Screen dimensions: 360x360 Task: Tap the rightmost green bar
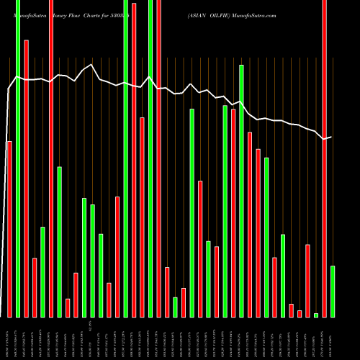333,291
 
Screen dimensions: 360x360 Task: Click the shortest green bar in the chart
316,315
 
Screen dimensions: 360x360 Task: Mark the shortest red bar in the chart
300,313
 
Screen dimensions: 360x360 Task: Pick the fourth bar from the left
35,287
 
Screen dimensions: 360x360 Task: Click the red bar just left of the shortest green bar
307,281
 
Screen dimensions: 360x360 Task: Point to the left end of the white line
9,89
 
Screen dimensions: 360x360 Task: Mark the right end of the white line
331,136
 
